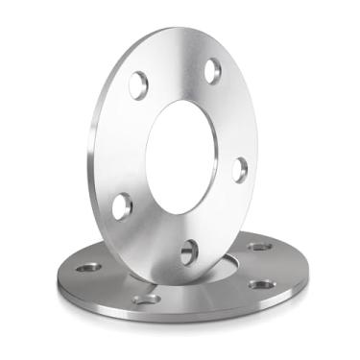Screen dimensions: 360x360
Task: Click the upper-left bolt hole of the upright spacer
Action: [x=138, y=84]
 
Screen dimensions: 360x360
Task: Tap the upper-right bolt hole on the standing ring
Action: [x=212, y=69]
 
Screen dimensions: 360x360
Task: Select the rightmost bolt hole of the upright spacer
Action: [x=240, y=169]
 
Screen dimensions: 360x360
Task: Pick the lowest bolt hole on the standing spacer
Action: [x=189, y=252]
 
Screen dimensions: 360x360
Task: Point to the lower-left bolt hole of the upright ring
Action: [x=122, y=204]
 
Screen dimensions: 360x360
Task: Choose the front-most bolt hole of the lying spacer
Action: [x=146, y=300]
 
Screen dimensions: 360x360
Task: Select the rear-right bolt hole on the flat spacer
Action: [x=258, y=247]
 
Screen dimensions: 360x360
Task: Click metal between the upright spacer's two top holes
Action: [x=175, y=67]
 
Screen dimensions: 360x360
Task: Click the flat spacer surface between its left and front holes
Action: [x=113, y=286]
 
